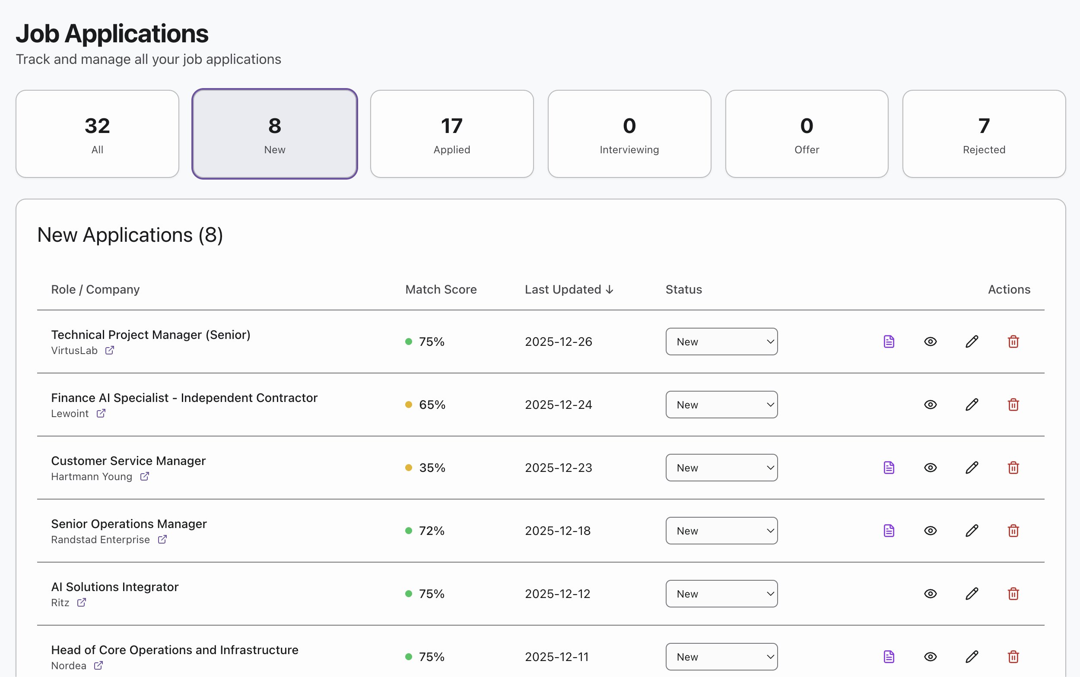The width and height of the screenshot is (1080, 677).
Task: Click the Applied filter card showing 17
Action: [x=451, y=134]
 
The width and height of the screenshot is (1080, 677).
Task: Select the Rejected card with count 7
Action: [x=984, y=134]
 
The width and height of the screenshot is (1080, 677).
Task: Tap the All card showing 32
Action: [x=97, y=134]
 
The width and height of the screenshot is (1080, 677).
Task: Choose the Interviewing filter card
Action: [x=629, y=134]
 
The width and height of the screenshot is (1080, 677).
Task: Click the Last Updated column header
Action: [x=569, y=290]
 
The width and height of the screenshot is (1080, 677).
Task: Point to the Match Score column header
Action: [x=441, y=290]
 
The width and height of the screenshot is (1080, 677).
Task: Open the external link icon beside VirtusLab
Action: [x=110, y=351]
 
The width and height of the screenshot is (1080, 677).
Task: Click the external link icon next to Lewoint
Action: [x=101, y=414]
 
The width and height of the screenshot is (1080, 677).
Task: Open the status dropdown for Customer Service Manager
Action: [x=721, y=468]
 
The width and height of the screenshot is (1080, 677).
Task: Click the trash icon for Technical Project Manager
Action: [x=1013, y=342]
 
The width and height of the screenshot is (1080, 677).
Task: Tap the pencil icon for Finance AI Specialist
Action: [x=972, y=405]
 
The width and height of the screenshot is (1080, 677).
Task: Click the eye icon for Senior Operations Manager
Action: [x=931, y=531]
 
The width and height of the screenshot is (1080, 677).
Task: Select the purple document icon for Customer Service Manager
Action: [x=889, y=468]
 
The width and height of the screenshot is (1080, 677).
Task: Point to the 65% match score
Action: [x=432, y=405]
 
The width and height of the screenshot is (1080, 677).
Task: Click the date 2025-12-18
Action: [x=558, y=531]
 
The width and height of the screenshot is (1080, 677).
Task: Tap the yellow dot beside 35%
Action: [x=409, y=468]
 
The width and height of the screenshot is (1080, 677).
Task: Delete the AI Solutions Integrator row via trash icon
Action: [x=1013, y=594]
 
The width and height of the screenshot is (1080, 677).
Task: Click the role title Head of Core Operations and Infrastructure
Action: [x=175, y=650]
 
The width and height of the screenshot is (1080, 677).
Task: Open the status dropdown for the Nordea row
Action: [x=721, y=657]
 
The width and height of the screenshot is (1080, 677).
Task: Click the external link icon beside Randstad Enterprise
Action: [x=162, y=540]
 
